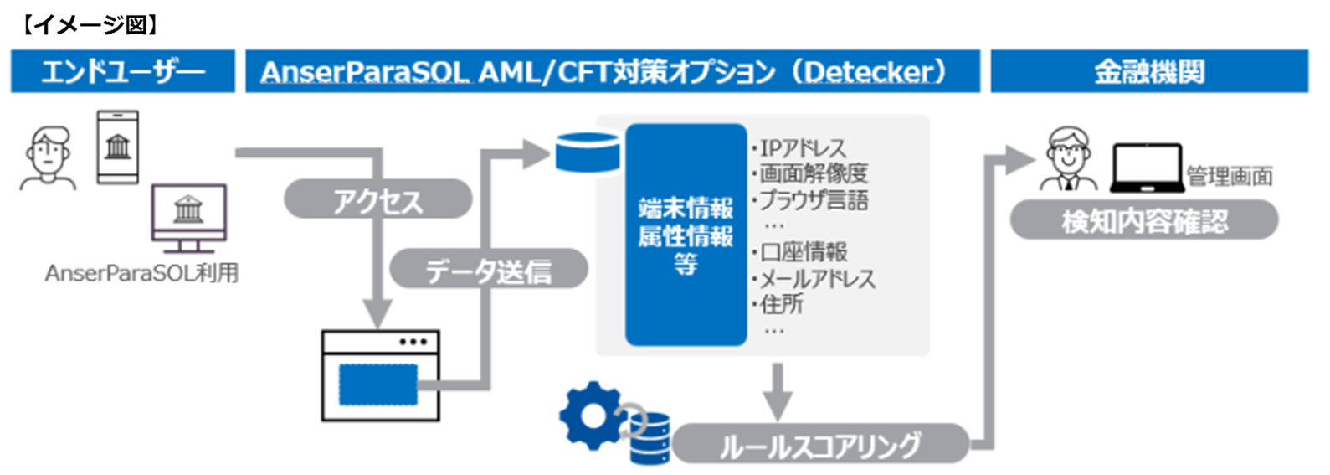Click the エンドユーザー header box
(122, 71)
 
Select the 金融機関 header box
(1148, 71)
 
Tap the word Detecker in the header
(870, 72)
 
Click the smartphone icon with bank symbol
(118, 147)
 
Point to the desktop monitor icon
(188, 216)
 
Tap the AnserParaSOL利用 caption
(141, 273)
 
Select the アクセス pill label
(377, 200)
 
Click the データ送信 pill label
(489, 270)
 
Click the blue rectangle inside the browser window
(378, 384)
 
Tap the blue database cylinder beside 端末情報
(588, 152)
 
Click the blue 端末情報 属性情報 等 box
(686, 235)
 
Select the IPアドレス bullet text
(802, 148)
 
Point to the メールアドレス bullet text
(816, 278)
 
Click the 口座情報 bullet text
(803, 251)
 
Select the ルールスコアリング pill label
(819, 444)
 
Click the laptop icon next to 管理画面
(1146, 168)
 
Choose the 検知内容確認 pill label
(1144, 221)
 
